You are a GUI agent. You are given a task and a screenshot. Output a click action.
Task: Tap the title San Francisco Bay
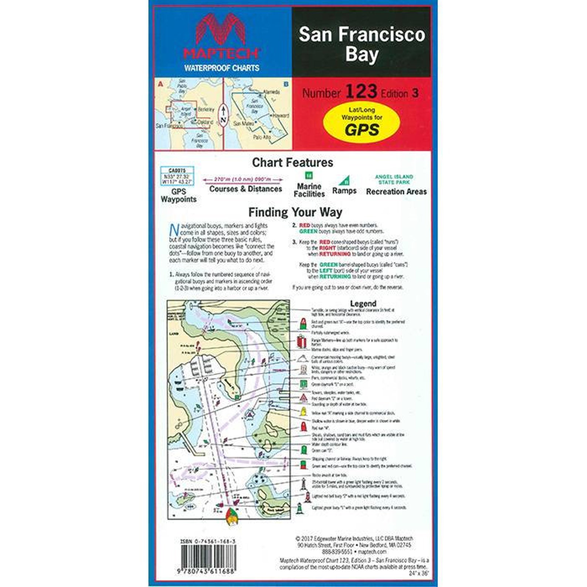(362, 44)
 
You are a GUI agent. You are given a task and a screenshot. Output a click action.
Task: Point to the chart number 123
(361, 92)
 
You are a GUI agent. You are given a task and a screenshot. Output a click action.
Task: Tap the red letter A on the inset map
(160, 84)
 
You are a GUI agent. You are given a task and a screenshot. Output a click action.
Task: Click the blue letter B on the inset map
(286, 84)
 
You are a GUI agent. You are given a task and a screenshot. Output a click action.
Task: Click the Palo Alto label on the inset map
(262, 137)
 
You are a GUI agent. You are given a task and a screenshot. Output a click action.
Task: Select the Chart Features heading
(292, 162)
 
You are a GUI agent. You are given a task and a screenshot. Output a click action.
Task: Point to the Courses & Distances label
(245, 189)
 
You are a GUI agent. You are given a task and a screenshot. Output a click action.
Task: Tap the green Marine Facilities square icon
(309, 175)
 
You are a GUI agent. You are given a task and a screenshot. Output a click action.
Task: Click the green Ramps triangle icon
(344, 180)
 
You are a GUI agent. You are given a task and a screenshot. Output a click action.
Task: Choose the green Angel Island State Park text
(394, 179)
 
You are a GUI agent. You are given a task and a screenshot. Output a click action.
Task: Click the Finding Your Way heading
(295, 212)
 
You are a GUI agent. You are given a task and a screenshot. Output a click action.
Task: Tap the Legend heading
(363, 303)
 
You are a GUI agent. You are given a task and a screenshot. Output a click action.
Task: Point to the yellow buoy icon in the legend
(303, 412)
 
